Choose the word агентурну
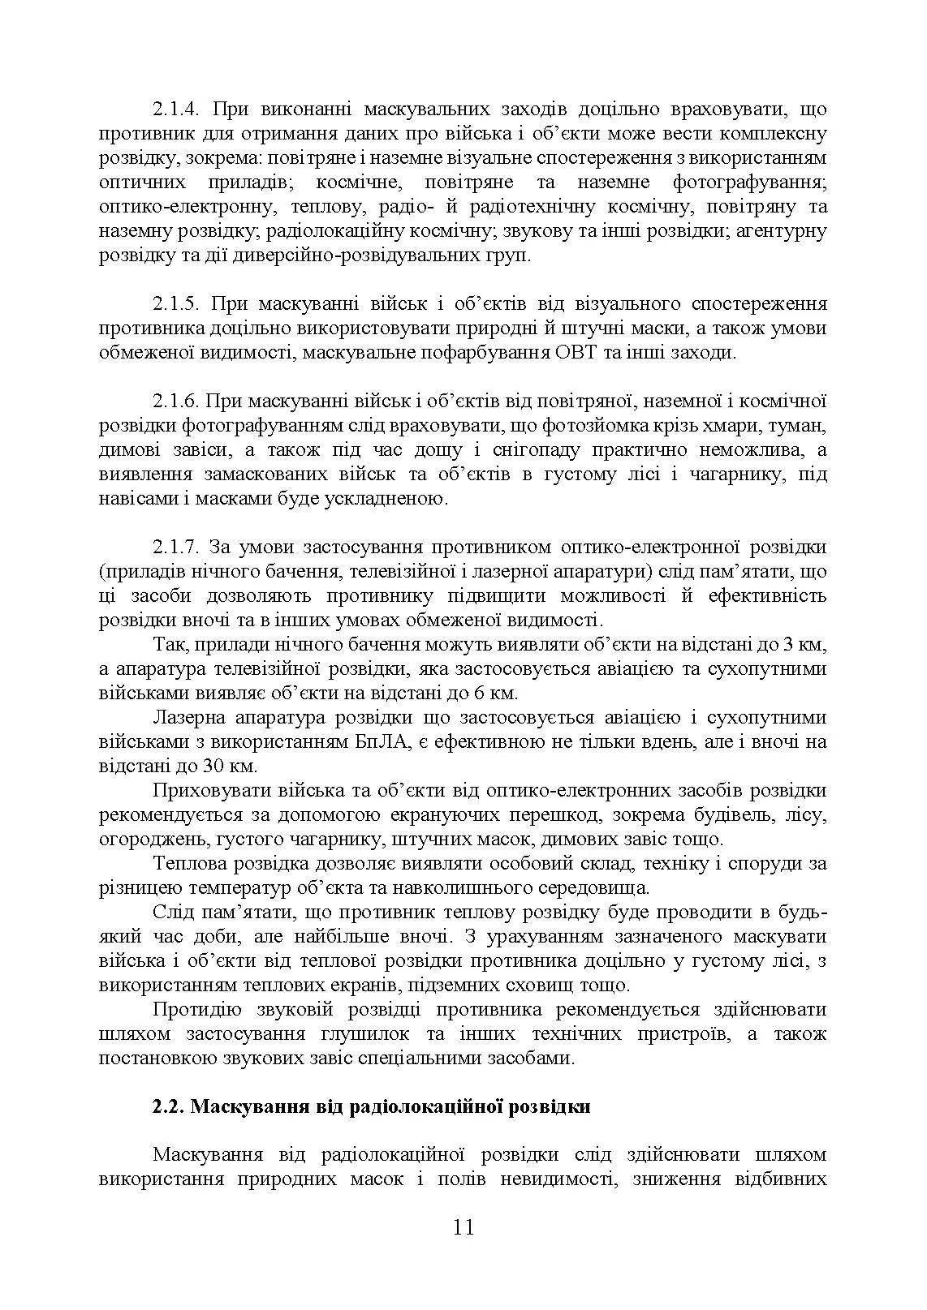780,230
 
